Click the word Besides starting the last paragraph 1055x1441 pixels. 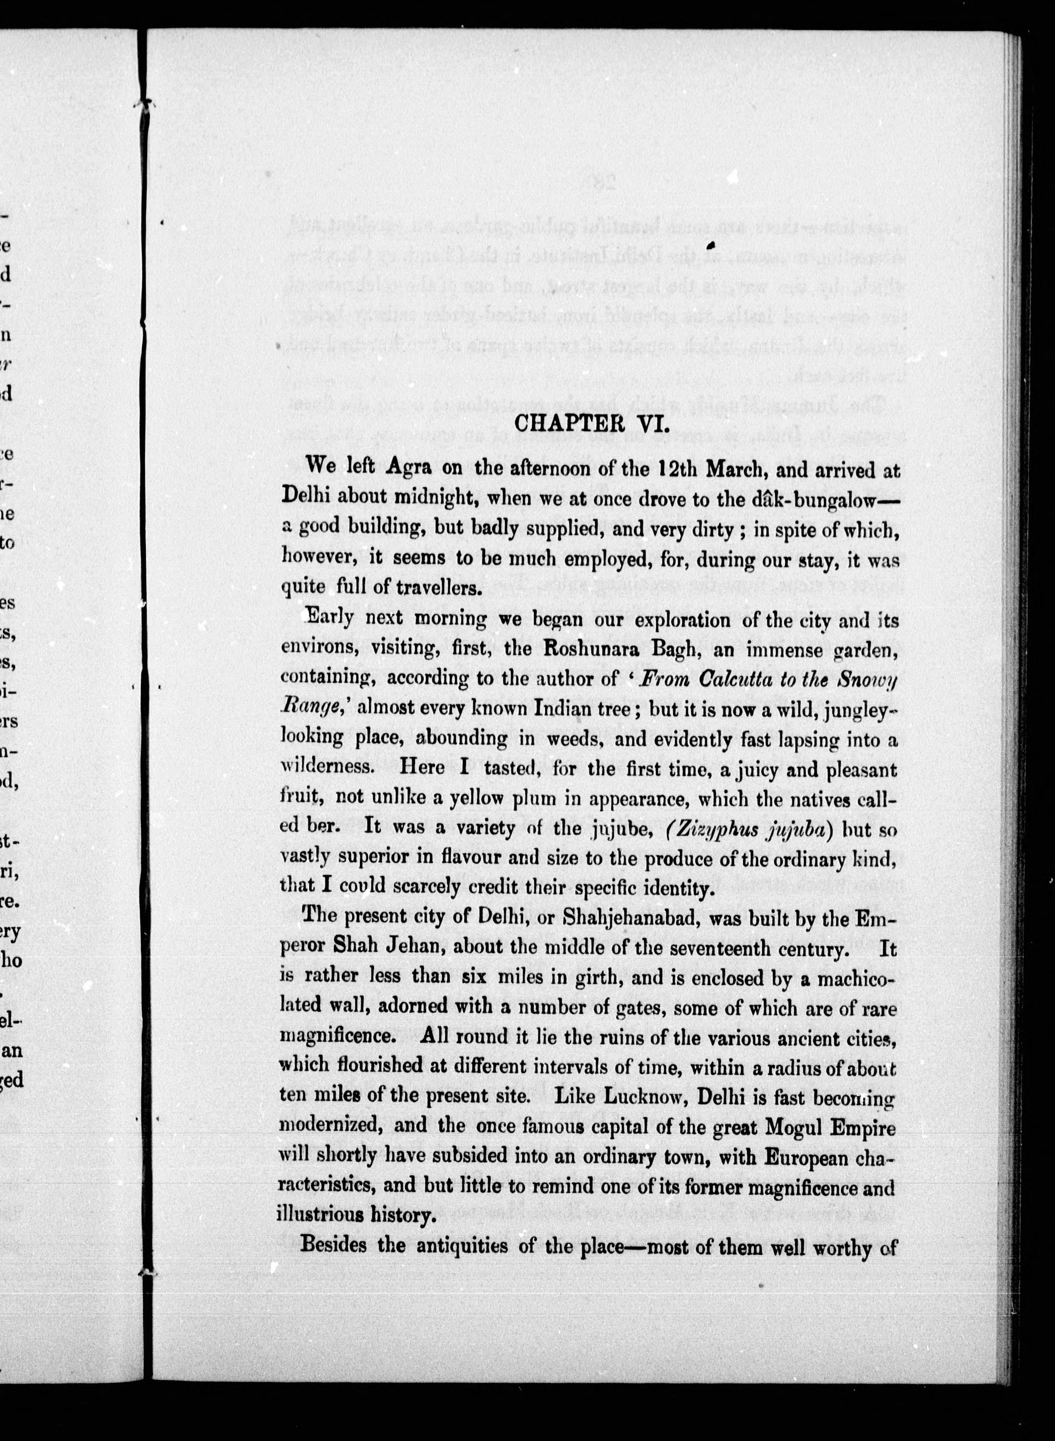[x=333, y=1245]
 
